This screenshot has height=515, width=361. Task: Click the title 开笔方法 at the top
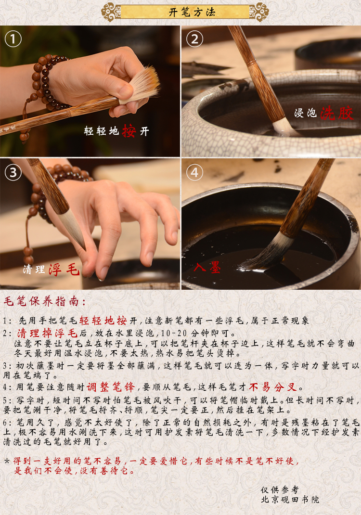point(192,12)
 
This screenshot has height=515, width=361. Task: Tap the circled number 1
point(13,39)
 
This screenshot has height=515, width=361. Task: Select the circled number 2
point(195,39)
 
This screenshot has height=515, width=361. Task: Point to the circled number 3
point(13,172)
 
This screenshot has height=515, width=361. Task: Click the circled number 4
point(195,172)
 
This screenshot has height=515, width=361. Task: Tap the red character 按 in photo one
point(129,131)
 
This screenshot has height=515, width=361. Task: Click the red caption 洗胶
point(337,113)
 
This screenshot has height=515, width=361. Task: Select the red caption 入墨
point(207,267)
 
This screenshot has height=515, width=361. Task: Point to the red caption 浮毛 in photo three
point(64,270)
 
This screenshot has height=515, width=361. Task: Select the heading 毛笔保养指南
point(45,301)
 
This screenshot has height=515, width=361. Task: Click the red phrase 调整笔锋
point(111,387)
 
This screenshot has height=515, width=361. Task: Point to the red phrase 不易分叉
point(273,387)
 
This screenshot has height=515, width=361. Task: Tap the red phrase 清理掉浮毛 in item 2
point(47,333)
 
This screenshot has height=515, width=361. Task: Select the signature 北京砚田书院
point(290,500)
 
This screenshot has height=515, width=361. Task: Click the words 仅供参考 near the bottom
point(280,489)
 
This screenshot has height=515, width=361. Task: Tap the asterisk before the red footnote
point(7,461)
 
